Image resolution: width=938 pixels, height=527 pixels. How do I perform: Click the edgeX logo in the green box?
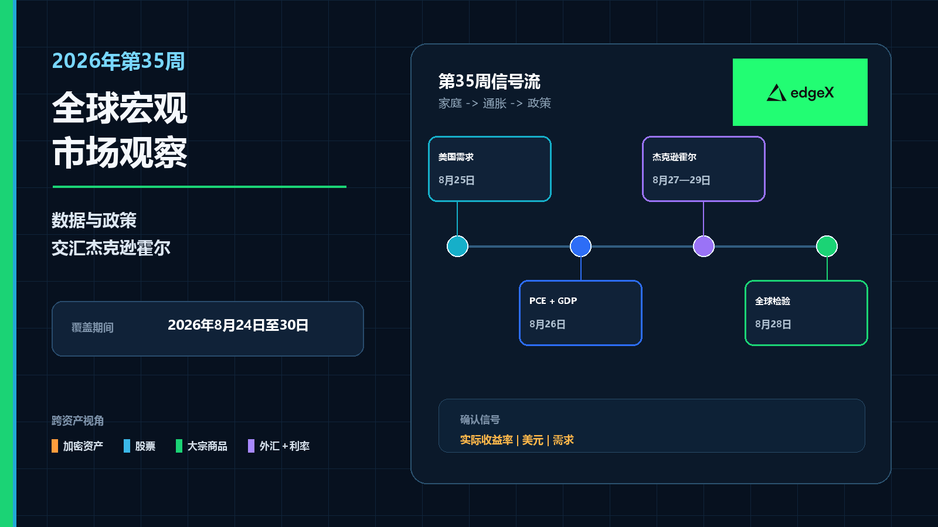(800, 93)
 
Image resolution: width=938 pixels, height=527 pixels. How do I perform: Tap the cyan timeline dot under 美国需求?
(457, 246)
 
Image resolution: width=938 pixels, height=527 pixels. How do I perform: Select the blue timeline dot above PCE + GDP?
(580, 246)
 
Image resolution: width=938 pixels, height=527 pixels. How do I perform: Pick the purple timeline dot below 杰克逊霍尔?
(704, 246)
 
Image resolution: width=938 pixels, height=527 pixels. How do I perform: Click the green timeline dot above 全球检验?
(827, 246)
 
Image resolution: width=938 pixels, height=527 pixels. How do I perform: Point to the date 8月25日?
(457, 180)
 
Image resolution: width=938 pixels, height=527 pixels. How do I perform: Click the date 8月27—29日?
(681, 180)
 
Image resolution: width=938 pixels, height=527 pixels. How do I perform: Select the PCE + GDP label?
(553, 301)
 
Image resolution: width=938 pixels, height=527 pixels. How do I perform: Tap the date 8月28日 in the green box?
(773, 324)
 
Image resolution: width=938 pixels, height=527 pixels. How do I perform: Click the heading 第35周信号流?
(490, 81)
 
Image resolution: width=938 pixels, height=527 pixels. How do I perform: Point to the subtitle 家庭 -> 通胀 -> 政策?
(495, 103)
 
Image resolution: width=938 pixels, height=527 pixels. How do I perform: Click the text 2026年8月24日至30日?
(238, 325)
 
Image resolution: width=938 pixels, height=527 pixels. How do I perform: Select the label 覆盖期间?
(93, 327)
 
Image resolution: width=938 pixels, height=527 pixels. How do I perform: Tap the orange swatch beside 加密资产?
(55, 446)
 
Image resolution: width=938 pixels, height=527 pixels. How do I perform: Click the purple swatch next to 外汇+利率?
(252, 446)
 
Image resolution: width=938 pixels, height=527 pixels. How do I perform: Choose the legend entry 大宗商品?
(208, 446)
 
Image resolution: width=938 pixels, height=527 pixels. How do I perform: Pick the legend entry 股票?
(145, 446)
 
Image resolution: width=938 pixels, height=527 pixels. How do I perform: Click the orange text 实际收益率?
(487, 440)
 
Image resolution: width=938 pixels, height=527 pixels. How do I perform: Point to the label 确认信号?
(480, 419)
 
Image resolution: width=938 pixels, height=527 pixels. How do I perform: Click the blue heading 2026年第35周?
(118, 61)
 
